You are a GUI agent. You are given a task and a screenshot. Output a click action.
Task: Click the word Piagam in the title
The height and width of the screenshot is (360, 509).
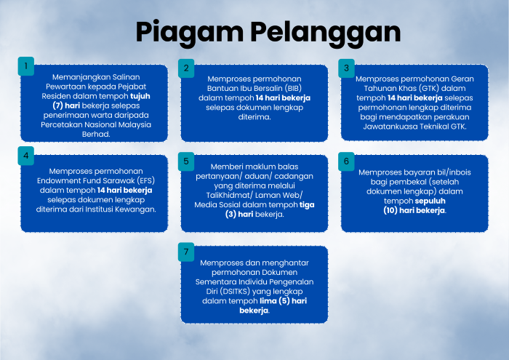(190, 33)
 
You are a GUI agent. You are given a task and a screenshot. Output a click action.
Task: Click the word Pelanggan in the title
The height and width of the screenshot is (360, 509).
(326, 33)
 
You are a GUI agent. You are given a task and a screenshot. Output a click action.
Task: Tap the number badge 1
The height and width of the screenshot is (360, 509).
(26, 66)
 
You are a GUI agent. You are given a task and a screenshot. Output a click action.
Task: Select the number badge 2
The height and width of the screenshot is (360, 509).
(186, 68)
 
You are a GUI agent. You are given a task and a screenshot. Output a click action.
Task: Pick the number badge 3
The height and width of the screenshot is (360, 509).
(346, 68)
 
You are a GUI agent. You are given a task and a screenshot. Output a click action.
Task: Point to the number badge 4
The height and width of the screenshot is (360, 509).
(26, 156)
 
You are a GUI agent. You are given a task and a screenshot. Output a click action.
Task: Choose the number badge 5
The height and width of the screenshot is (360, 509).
(186, 161)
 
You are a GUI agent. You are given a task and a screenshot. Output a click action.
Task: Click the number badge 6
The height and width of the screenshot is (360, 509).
(346, 161)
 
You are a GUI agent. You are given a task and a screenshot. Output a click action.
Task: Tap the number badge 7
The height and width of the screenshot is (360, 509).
(186, 252)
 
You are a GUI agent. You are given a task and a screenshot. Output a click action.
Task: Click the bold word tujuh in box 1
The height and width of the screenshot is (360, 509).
(140, 97)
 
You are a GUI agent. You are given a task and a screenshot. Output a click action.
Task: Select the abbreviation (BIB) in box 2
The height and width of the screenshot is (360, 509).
(293, 88)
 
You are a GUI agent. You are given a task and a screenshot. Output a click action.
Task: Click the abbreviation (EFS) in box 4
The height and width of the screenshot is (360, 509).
(145, 181)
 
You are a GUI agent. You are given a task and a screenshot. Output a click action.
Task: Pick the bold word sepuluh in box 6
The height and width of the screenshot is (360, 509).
(430, 201)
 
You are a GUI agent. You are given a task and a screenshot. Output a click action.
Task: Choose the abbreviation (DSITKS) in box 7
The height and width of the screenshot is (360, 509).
(235, 292)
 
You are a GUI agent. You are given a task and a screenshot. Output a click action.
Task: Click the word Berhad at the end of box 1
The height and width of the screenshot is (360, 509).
(95, 134)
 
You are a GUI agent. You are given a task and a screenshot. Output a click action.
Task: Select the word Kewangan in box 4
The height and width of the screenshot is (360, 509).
(139, 209)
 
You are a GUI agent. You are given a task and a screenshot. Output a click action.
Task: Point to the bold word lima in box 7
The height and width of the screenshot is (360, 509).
(268, 301)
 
